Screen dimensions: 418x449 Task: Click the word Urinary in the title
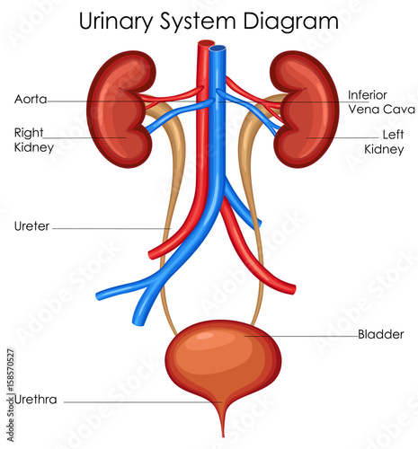pos(116,22)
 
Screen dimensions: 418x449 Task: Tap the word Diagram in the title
pos(290,22)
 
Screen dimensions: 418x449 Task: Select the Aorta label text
pos(31,99)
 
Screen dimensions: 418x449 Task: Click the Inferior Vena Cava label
pos(381,102)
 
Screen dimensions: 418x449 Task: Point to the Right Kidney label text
pos(34,140)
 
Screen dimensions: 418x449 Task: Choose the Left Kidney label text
pos(384,142)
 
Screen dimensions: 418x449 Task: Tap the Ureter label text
pos(31,226)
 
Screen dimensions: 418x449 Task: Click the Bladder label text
pos(381,334)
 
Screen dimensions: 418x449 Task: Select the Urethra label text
pos(36,400)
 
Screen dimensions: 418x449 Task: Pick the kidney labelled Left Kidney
pos(305,110)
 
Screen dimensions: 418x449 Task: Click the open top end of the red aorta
pos(206,43)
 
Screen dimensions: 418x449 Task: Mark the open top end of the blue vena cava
pos(218,48)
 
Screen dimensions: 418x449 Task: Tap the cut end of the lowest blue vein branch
pos(138,321)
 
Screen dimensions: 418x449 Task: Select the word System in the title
pos(198,22)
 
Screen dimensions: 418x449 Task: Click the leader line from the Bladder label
pos(301,336)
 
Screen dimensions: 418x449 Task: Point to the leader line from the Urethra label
pos(143,402)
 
